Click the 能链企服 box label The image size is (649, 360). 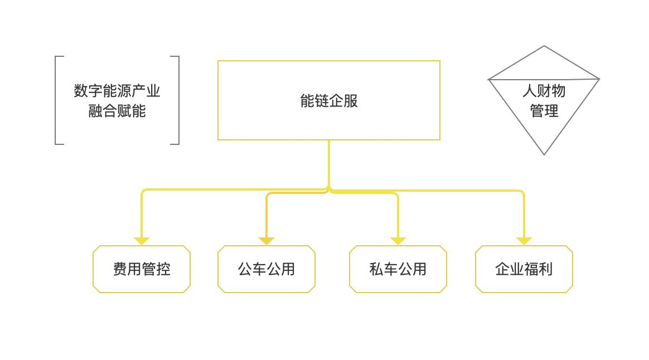329,101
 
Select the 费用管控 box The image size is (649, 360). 142,269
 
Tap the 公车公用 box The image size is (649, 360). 267,269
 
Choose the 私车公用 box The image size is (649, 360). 398,269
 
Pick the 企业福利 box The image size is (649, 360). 524,269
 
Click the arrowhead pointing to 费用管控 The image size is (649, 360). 142,241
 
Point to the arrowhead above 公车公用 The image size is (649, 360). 267,241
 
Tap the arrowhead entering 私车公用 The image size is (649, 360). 398,241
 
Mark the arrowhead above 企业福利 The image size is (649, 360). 524,241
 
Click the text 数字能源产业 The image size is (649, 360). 117,91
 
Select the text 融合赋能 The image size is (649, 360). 117,111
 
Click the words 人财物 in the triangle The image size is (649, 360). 544,91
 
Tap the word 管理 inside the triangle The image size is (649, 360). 544,111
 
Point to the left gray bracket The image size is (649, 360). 56,100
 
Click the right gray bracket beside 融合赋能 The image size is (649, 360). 178,100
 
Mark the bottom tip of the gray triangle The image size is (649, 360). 544,153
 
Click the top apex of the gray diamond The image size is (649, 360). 544,47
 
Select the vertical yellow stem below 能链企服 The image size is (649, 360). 329,164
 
